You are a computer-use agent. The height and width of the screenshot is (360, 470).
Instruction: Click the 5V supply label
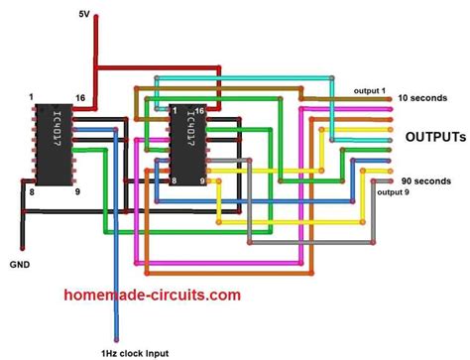[85, 13]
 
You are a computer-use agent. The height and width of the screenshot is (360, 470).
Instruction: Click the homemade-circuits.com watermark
[151, 296]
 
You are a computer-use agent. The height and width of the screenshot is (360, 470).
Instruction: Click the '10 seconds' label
[423, 98]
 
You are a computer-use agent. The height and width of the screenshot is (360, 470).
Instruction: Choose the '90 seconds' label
[423, 180]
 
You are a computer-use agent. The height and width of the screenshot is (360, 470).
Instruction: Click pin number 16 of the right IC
[201, 109]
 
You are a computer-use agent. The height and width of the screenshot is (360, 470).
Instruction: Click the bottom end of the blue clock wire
[116, 339]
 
